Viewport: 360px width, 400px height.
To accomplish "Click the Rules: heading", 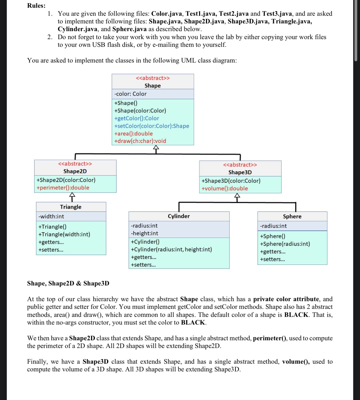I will point(36,6).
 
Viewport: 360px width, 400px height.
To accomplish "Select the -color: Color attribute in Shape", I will point(130,94).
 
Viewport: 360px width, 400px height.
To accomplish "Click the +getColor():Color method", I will point(137,118).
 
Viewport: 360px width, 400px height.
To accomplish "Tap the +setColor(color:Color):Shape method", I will point(152,126).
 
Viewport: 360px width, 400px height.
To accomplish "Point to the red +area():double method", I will point(134,134).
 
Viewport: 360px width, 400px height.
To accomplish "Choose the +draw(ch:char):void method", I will point(140,141).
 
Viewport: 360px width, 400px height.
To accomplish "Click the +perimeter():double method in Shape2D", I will point(63,188).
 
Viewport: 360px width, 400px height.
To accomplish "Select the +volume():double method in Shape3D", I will point(225,188).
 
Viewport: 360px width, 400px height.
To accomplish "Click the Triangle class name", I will point(71,207).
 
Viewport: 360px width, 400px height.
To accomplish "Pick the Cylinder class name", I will point(179,216).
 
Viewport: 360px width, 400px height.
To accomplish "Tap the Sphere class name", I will point(292,216).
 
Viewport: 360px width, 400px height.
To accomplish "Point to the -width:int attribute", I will point(51,216).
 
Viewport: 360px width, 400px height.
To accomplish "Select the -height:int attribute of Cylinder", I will point(145,233).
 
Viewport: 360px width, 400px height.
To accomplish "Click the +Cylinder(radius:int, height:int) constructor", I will point(171,249).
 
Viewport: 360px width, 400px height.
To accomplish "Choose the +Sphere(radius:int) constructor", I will point(285,244).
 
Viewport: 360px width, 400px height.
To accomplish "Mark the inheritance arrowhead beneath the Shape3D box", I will point(237,196).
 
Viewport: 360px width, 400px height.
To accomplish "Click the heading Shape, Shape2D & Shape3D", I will point(68,283).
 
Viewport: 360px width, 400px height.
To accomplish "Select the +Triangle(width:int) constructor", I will point(64,234).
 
